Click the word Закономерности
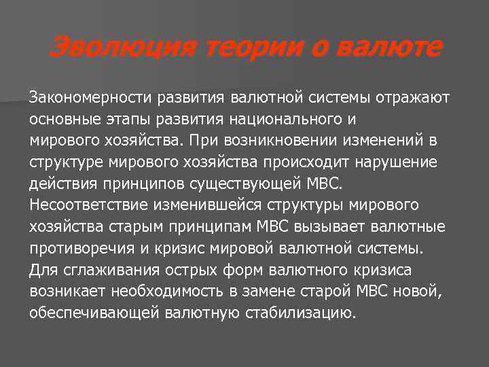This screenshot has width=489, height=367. tap(91, 98)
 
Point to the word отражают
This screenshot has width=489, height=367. tap(412, 98)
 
